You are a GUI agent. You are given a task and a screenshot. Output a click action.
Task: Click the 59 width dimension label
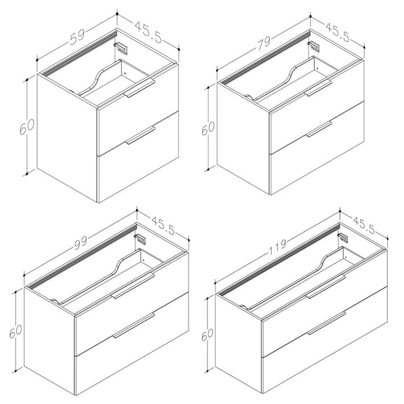tap(77, 37)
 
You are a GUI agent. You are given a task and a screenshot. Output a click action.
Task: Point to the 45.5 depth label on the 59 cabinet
tap(148, 32)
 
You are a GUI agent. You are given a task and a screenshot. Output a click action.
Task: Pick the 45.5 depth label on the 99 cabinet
tap(163, 226)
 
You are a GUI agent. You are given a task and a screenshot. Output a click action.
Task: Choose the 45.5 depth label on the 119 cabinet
tap(364, 226)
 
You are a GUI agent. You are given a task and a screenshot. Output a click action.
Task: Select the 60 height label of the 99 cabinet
tap(15, 331)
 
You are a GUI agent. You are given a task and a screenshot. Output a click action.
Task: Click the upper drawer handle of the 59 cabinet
tap(139, 88)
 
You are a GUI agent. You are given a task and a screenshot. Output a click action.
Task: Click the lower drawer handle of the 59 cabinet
tap(140, 135)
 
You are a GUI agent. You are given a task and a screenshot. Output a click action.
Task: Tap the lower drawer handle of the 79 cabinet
tap(319, 129)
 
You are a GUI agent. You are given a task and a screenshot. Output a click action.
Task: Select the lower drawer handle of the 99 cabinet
tap(133, 325)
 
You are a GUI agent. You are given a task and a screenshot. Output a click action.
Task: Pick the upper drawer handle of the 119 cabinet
tap(326, 286)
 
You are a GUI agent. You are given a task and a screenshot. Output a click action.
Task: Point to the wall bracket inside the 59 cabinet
tap(121, 48)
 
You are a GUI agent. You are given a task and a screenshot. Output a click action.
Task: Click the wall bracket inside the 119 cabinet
tap(343, 238)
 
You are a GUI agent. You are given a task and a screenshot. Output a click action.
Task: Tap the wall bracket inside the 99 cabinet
tap(140, 239)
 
